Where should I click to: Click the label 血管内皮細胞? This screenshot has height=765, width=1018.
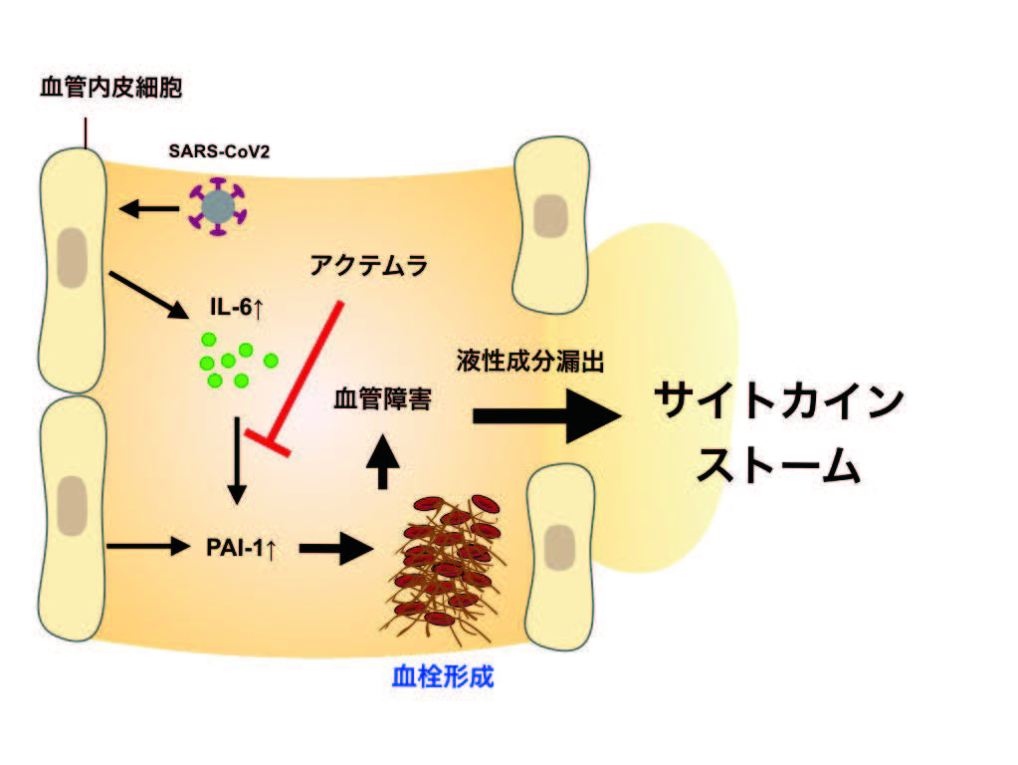[x=111, y=88]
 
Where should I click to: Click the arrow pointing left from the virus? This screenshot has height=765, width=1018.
[x=147, y=208]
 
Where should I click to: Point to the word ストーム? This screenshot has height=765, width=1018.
[x=777, y=464]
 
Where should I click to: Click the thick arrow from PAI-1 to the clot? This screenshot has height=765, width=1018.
[x=334, y=547]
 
